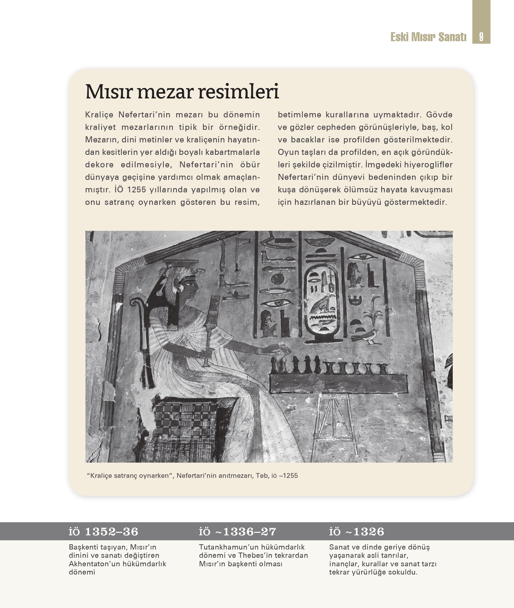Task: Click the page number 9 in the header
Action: click(481, 37)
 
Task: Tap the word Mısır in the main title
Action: click(109, 92)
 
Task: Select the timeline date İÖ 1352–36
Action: click(103, 532)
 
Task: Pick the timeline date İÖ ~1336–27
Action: click(237, 532)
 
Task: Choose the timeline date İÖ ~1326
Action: click(357, 532)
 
